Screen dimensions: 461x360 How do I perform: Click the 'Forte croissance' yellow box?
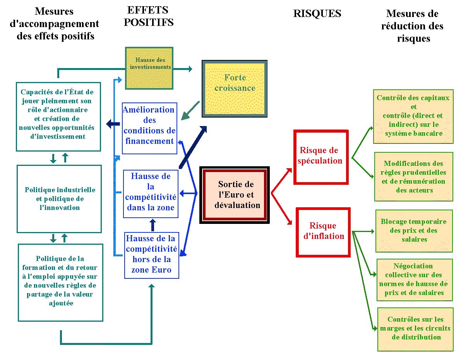point(235,89)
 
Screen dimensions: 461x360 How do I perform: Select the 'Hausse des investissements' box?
point(149,68)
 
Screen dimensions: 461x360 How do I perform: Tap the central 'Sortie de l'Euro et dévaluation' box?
point(235,195)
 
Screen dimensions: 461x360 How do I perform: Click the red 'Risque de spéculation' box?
point(321,157)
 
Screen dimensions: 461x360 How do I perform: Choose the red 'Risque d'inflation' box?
point(323,232)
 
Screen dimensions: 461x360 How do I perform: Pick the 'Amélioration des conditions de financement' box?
point(150,128)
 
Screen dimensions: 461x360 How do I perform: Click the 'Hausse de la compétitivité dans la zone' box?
point(151,194)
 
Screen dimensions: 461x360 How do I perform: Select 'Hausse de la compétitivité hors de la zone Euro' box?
point(152,255)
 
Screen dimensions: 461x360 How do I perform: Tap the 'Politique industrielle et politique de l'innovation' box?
point(59,199)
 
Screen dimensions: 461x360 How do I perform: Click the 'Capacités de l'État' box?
point(58,117)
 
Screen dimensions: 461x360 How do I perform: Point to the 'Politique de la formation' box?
point(60,283)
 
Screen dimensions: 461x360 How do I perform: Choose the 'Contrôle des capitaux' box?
point(413,116)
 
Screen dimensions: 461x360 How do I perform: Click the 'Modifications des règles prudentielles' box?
point(414,177)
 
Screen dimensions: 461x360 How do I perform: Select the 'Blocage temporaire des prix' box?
point(414,231)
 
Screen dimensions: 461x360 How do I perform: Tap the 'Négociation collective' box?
point(415,280)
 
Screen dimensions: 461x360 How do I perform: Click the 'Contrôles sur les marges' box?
point(415,329)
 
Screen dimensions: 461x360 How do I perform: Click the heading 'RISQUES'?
point(317,14)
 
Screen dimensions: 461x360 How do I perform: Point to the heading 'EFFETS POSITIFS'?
point(149,17)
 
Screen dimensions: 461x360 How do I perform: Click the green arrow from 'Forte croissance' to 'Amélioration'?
point(190,111)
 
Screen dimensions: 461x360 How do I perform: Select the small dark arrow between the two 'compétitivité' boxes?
point(153,225)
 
